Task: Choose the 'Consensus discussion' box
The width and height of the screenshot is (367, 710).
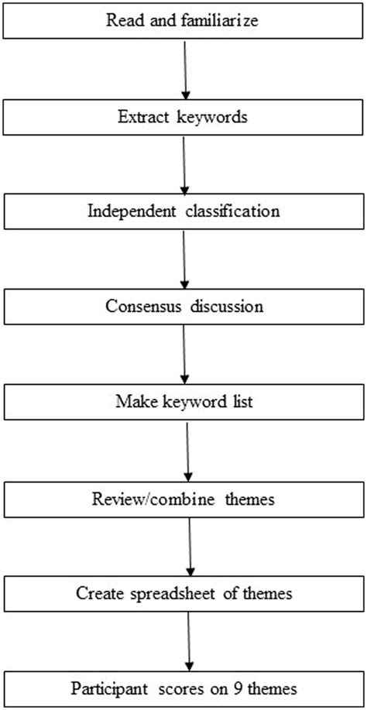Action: pyautogui.click(x=183, y=306)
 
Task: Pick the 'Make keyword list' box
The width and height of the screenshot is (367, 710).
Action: pyautogui.click(x=183, y=403)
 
